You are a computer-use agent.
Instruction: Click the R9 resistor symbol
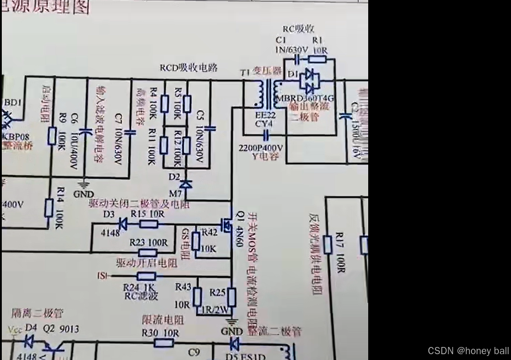point(52,136)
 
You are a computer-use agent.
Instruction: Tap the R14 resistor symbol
point(49,209)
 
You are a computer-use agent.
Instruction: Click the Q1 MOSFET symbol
point(227,222)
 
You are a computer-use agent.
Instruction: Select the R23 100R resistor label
point(148,242)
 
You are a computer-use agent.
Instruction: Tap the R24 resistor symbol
point(146,276)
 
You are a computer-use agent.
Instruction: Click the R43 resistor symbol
point(197,297)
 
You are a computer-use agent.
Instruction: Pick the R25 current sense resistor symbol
point(231,297)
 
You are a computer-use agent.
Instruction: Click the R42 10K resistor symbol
point(196,241)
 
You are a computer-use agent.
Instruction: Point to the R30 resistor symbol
point(164,343)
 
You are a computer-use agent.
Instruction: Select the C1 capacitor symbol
point(297,59)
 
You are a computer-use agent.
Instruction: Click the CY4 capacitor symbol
point(266,134)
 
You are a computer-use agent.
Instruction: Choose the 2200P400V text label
point(260,148)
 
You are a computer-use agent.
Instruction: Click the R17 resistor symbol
point(328,245)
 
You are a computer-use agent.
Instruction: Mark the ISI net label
point(102,276)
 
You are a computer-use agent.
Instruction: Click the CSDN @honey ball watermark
point(468,351)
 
